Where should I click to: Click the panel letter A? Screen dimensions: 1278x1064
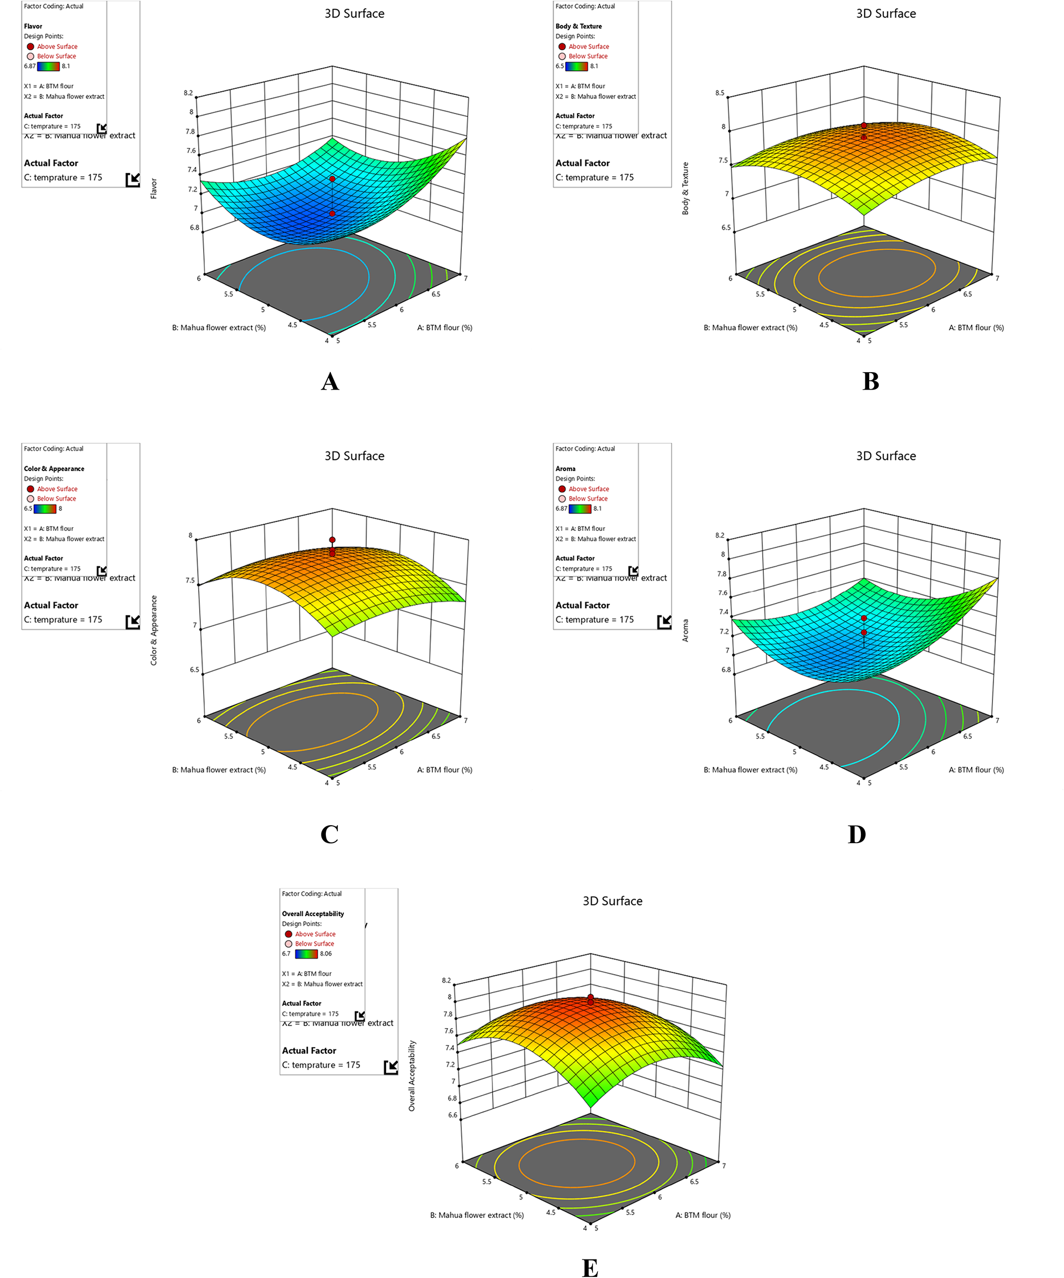329,381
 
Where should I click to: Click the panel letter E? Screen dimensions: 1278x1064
590,1268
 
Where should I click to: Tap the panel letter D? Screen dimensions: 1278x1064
857,834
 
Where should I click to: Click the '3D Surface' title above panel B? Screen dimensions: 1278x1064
885,14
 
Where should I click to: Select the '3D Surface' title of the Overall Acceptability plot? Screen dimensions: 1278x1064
613,901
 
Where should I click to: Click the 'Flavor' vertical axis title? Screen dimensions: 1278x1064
153,189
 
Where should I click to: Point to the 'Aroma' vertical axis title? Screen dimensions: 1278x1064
685,630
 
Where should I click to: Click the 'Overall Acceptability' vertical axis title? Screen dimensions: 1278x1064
412,1076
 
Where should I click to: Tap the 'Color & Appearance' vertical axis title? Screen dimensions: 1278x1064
153,630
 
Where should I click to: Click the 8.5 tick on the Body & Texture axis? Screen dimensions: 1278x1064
720,93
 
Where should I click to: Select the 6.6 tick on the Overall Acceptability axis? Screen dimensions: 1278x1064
452,1115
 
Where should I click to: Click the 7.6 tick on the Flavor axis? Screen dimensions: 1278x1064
191,150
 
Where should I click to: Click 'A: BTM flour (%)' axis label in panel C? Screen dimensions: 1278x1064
444,770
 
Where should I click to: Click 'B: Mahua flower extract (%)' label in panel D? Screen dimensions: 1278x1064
750,770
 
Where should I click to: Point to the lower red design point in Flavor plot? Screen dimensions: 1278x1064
332,213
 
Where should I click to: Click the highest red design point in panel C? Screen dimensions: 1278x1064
332,539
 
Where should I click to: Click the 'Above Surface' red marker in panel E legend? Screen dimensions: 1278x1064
289,934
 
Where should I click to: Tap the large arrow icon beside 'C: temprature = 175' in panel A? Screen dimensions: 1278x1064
133,180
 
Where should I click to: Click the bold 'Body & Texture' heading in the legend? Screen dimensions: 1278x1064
578,26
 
